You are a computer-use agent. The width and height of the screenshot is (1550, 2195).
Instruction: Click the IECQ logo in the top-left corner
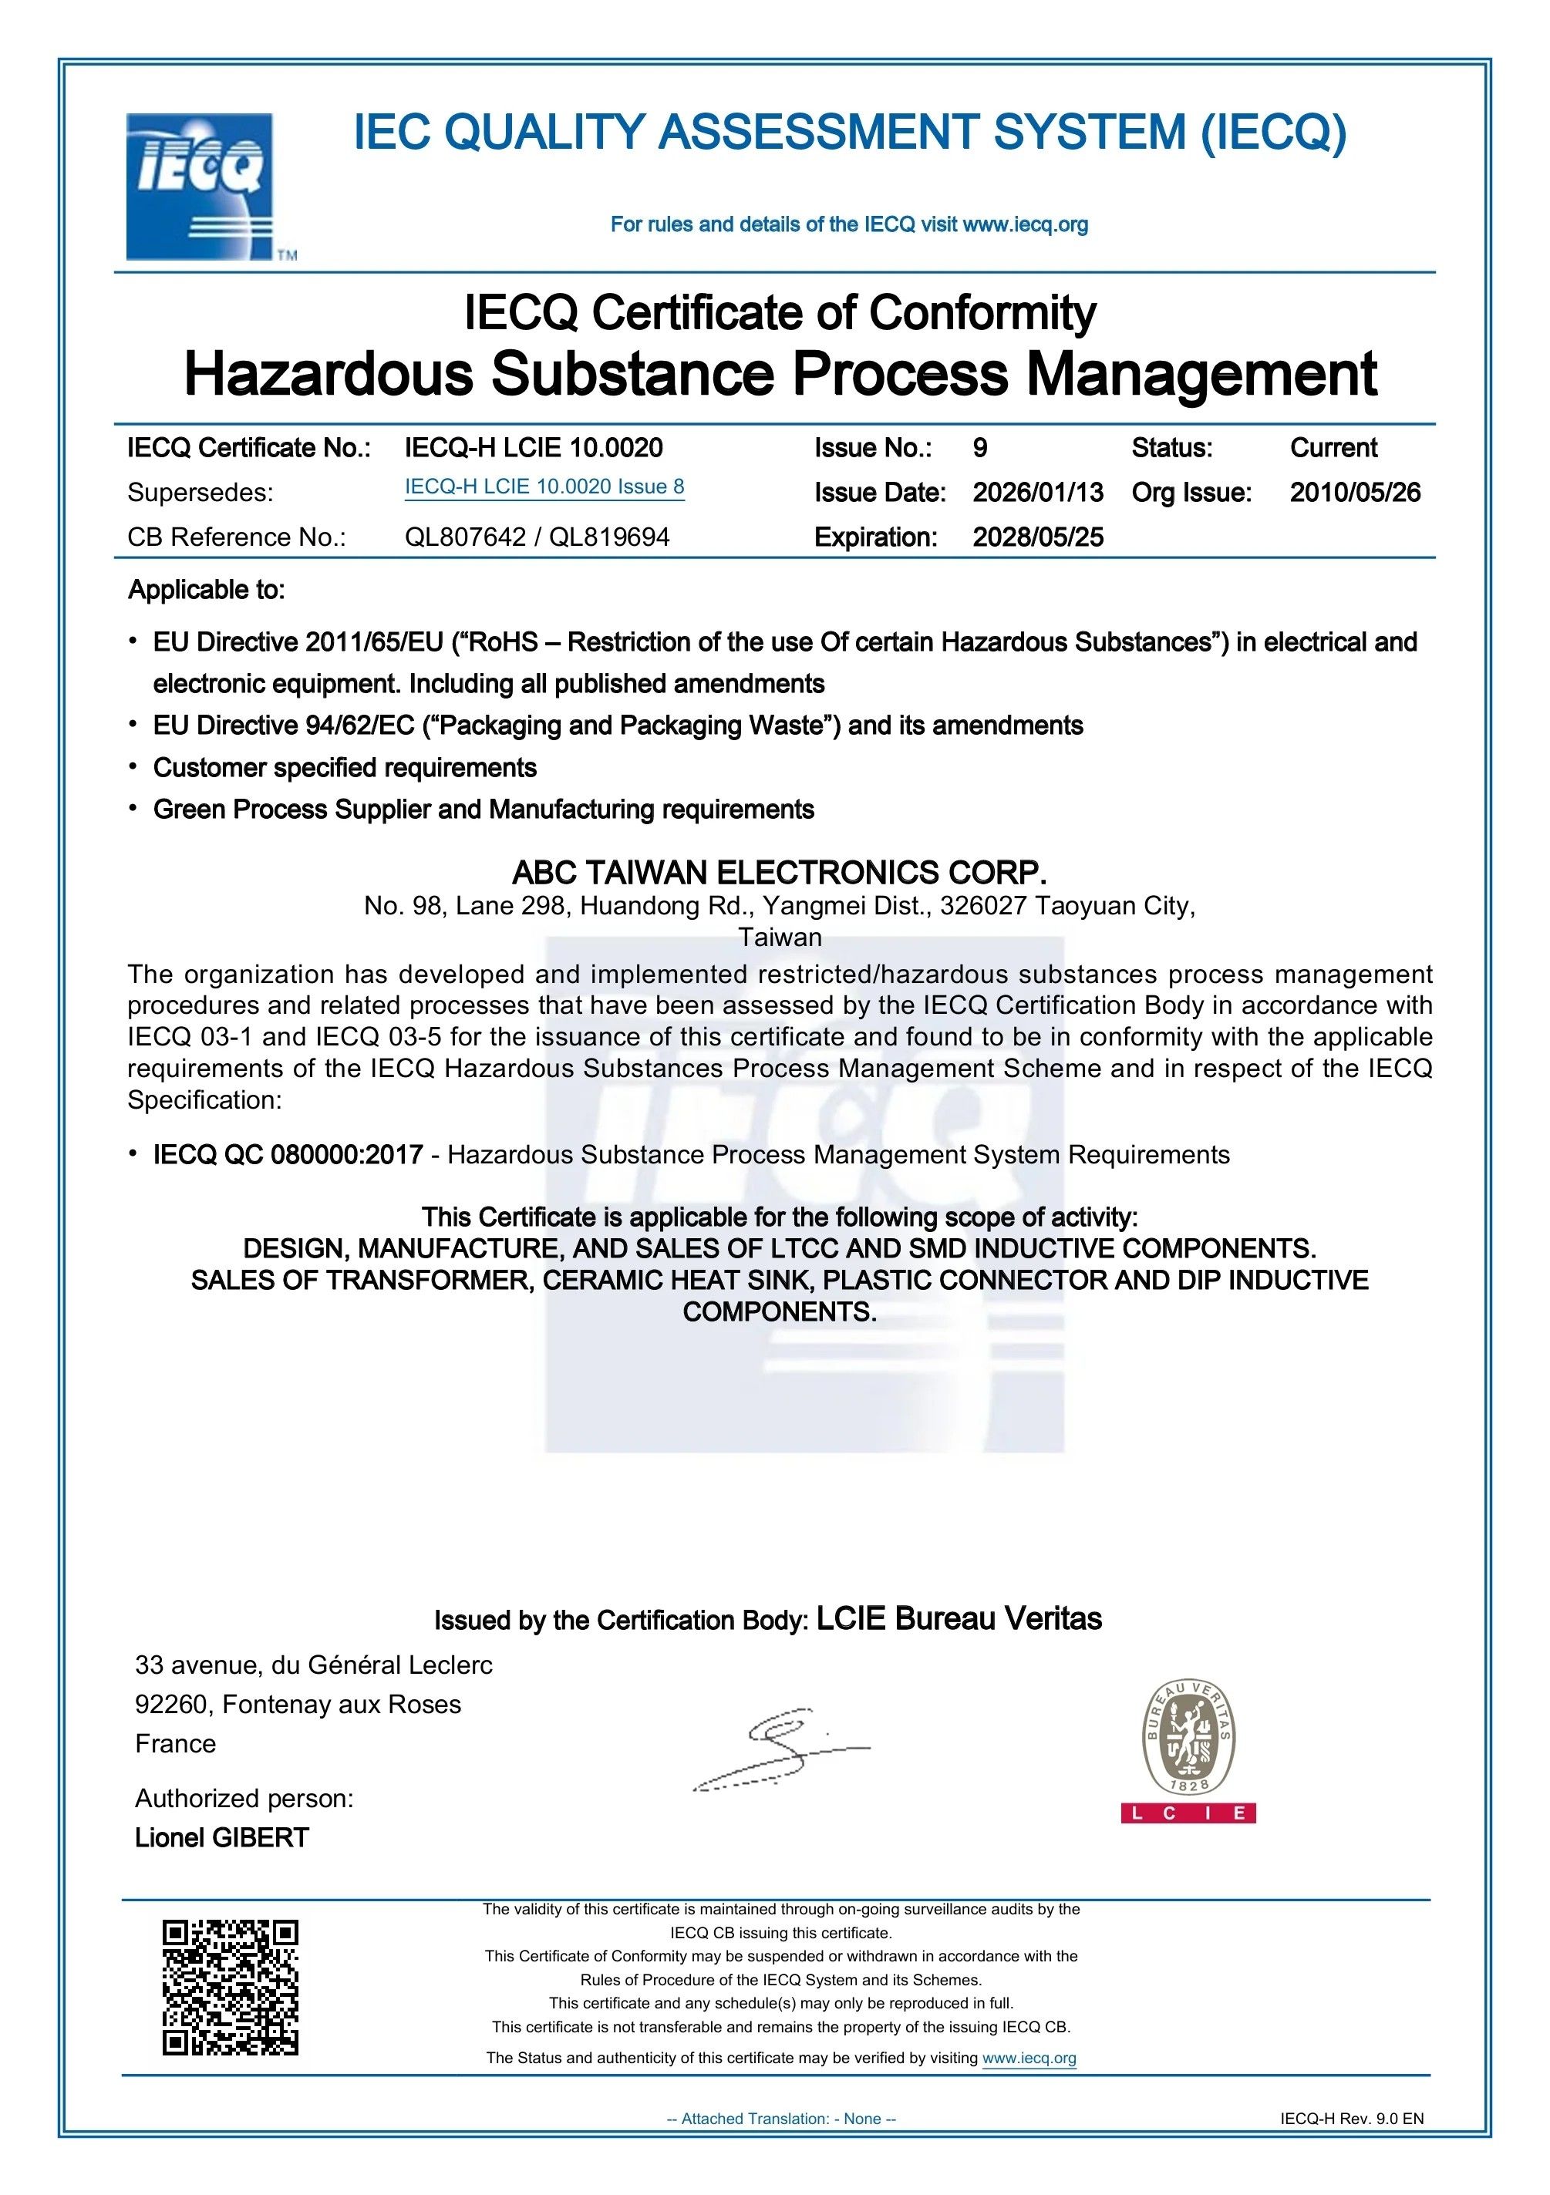pyautogui.click(x=200, y=187)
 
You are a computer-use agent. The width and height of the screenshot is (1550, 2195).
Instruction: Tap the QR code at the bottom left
pyautogui.click(x=230, y=1987)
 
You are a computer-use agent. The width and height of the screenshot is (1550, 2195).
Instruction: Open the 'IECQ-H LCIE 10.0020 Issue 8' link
pyautogui.click(x=544, y=486)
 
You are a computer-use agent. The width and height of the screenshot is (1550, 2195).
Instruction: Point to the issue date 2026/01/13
pyautogui.click(x=1037, y=493)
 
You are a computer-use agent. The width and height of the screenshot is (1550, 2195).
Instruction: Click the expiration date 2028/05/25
pyautogui.click(x=1037, y=537)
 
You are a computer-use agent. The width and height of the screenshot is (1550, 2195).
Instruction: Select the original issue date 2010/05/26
pyautogui.click(x=1355, y=493)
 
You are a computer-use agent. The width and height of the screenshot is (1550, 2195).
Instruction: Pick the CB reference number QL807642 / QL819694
pyautogui.click(x=537, y=537)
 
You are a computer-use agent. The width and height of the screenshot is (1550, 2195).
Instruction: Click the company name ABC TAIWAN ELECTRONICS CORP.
pyautogui.click(x=780, y=872)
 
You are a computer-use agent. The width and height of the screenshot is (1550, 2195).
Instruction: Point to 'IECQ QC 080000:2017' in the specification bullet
pyautogui.click(x=288, y=1155)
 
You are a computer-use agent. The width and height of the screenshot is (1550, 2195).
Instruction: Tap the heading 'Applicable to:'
pyautogui.click(x=207, y=590)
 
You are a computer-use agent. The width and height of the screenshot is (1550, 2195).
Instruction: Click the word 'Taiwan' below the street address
pyautogui.click(x=780, y=937)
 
